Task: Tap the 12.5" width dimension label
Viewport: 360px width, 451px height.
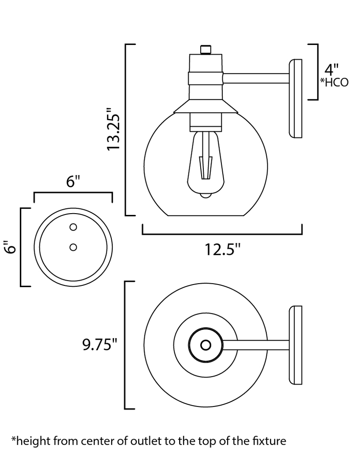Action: [222, 249]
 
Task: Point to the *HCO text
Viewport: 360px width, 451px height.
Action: [334, 82]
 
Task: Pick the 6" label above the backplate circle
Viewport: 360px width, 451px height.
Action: [73, 181]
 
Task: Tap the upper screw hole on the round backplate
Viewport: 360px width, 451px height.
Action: [73, 227]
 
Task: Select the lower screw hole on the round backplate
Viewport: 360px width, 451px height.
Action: [73, 247]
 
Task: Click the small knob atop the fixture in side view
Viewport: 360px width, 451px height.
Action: [206, 49]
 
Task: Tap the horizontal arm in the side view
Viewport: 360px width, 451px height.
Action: [255, 78]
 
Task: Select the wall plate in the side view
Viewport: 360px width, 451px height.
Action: [295, 99]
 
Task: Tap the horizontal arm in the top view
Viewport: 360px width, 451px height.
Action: [255, 345]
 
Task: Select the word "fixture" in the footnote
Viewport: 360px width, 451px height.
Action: [269, 440]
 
